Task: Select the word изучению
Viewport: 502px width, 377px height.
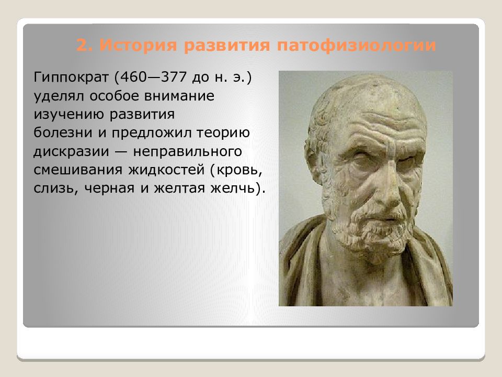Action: [67, 115]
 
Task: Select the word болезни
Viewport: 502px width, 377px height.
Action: [58, 133]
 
